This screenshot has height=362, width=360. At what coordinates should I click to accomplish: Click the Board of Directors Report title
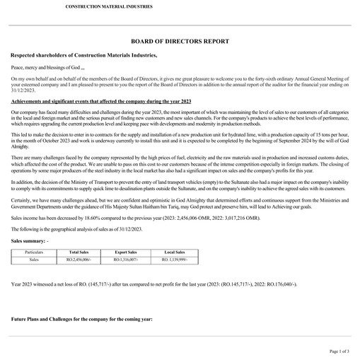180,42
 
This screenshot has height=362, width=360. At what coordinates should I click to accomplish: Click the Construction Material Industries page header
108,6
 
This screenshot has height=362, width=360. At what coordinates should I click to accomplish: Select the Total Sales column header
78,252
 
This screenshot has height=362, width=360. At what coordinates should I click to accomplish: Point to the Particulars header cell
33,252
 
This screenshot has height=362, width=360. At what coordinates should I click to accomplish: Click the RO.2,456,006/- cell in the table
78,259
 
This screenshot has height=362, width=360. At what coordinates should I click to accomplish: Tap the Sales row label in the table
33,259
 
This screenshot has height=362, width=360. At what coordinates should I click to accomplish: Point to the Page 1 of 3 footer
339,351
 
